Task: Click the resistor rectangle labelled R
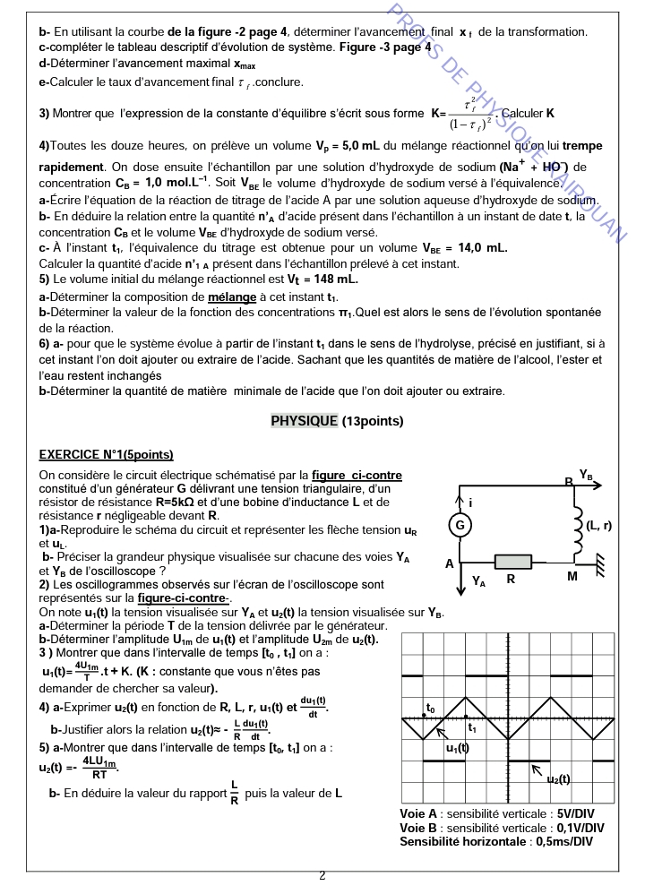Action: tap(511, 560)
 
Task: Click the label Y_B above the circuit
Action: tap(586, 474)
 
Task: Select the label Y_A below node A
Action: tap(479, 581)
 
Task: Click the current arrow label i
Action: tap(471, 503)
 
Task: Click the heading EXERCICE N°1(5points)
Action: tap(107, 455)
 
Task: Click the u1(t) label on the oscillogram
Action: tap(458, 747)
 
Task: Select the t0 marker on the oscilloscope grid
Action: tap(431, 708)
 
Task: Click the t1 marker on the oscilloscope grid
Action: tap(472, 727)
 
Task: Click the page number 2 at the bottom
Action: tap(322, 875)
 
